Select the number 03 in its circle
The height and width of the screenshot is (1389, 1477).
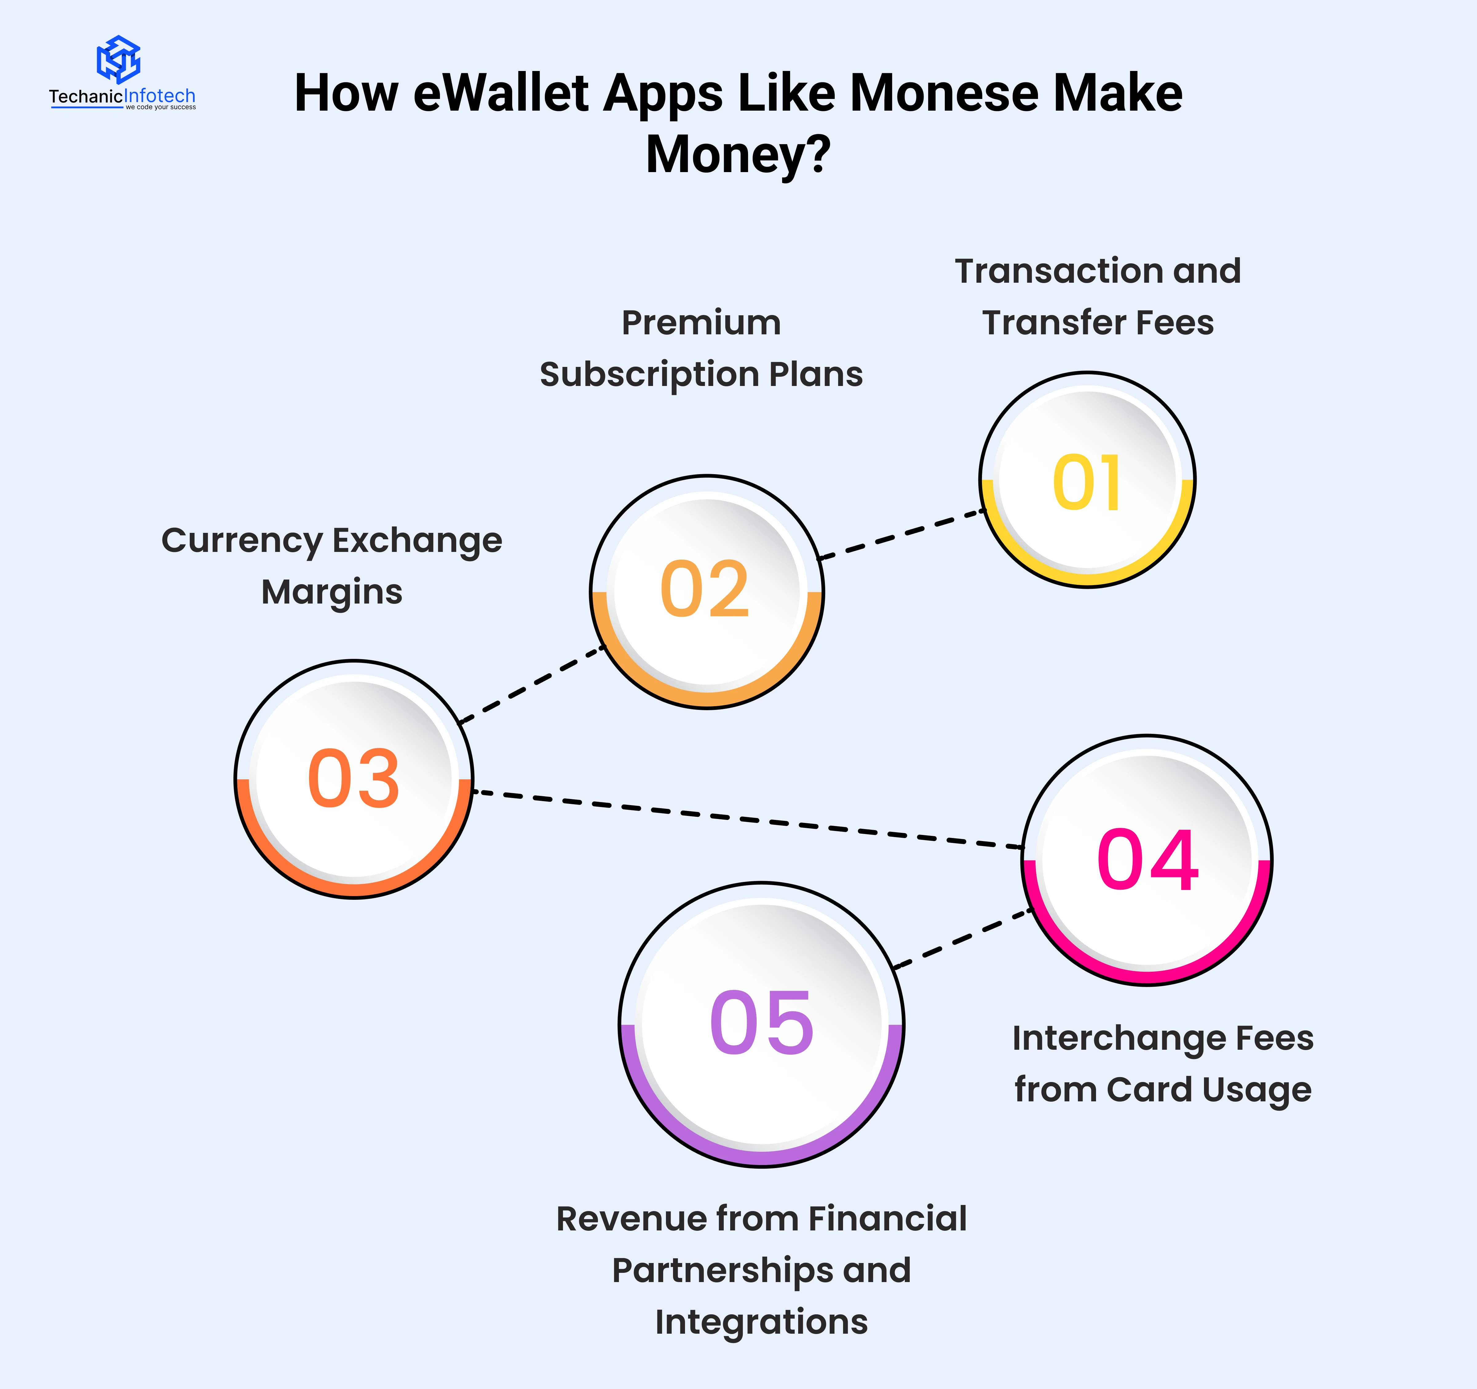click(354, 778)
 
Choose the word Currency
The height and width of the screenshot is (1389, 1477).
click(241, 541)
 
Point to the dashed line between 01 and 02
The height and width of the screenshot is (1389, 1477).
click(901, 534)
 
